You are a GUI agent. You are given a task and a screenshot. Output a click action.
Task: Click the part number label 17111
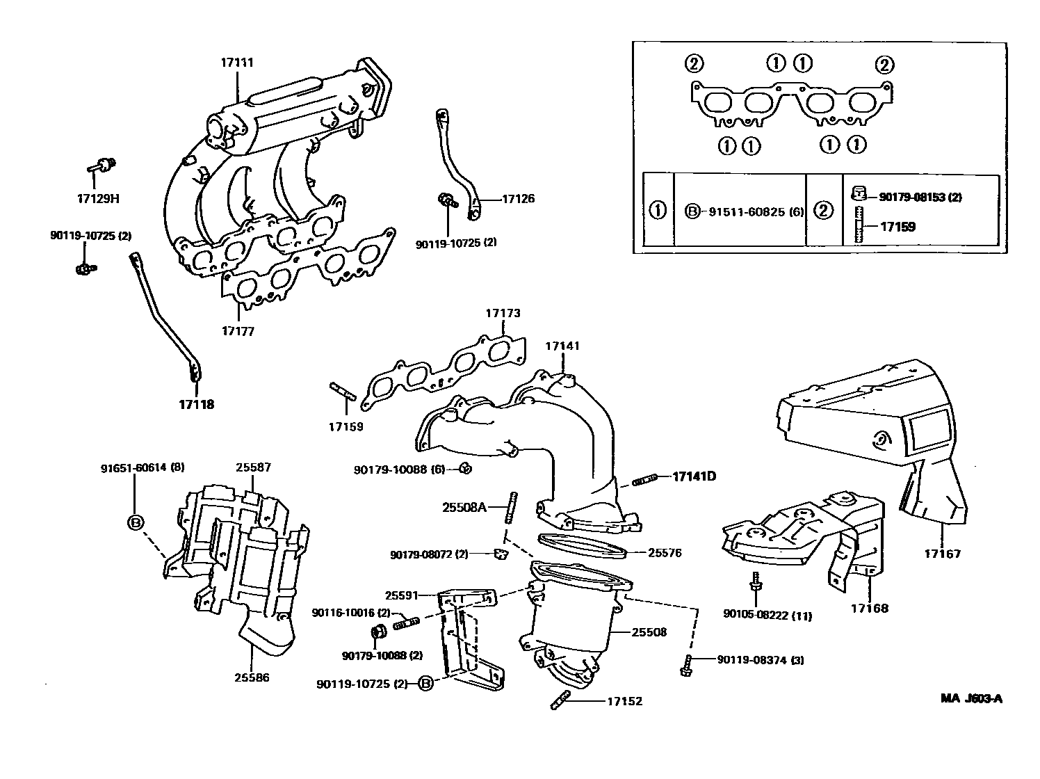click(237, 63)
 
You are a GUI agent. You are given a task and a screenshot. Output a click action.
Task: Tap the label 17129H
click(98, 198)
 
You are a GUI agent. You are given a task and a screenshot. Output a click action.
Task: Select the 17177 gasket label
click(238, 331)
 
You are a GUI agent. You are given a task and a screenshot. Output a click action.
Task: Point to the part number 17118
click(196, 405)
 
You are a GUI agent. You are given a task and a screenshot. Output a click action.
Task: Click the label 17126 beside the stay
click(519, 199)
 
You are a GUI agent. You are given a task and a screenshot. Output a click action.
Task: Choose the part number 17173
click(503, 314)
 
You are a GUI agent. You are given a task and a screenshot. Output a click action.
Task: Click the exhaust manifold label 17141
click(562, 346)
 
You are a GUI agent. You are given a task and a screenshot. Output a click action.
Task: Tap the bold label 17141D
click(694, 476)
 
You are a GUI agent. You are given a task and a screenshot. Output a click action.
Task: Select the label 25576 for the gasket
click(665, 554)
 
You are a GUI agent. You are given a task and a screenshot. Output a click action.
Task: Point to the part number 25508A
click(464, 507)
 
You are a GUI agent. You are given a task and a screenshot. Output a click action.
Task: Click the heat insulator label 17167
click(942, 554)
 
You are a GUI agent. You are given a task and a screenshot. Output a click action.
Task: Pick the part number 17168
click(869, 608)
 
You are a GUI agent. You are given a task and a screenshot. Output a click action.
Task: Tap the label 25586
click(252, 677)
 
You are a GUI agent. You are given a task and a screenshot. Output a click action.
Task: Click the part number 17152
click(625, 701)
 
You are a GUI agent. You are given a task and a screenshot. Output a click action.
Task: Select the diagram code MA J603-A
click(972, 698)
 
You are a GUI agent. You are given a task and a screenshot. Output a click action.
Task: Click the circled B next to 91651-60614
click(136, 523)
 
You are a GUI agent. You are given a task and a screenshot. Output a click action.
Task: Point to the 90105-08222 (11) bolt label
click(767, 616)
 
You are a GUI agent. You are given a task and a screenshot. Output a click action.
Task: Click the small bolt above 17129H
click(101, 166)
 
